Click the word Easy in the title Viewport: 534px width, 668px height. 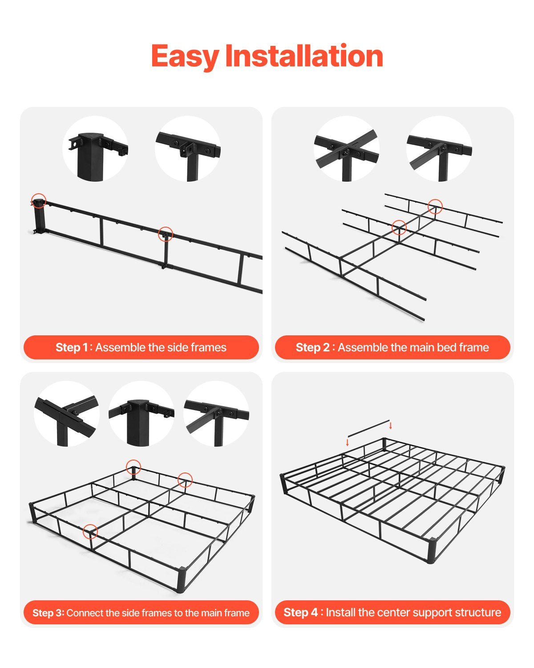[185, 57]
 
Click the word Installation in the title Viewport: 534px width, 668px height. [304, 57]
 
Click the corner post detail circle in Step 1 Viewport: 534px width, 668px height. [95, 149]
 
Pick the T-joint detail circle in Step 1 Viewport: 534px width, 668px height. [188, 149]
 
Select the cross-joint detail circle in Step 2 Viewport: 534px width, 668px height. [347, 149]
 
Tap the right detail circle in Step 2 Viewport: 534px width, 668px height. [439, 149]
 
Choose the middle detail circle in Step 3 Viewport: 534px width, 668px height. [142, 414]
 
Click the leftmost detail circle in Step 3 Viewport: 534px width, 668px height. [67, 414]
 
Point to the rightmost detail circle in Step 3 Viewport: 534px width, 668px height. [216, 414]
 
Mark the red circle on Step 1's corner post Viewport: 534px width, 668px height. [39, 201]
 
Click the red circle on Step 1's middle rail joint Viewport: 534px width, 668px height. [166, 234]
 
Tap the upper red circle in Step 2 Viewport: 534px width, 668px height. [435, 206]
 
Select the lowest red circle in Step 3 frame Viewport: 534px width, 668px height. [90, 531]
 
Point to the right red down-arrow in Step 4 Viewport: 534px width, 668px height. [391, 425]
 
